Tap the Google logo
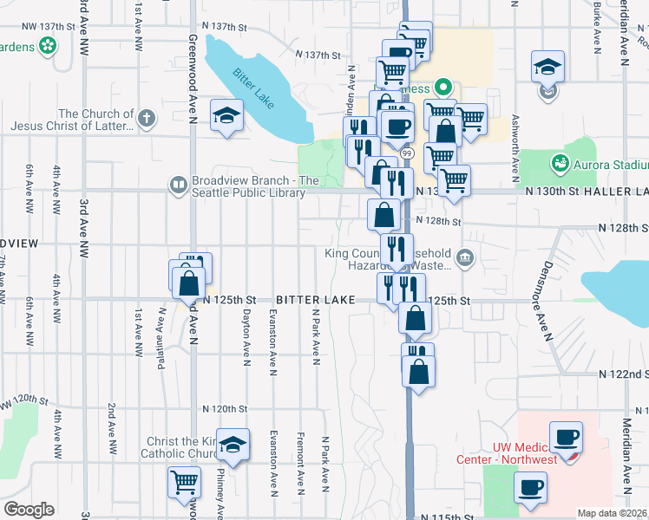(x=29, y=510)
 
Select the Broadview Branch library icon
(x=178, y=185)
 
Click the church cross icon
(x=147, y=119)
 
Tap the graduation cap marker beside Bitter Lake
(x=226, y=116)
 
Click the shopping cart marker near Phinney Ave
(x=184, y=482)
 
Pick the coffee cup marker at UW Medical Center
(x=567, y=438)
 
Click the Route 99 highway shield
(x=406, y=153)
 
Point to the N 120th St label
(x=226, y=408)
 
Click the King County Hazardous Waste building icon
(x=465, y=256)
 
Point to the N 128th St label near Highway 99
(x=436, y=222)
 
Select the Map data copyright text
(x=613, y=513)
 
